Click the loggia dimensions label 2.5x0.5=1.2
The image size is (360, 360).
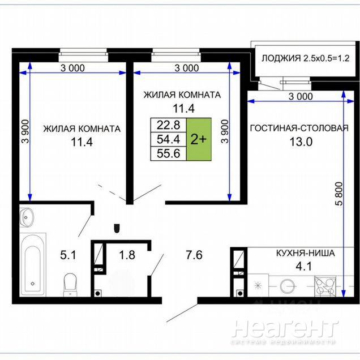[326, 58]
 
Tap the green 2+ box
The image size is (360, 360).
[199, 139]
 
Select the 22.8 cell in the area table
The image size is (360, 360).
[168, 125]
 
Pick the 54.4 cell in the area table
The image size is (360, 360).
[168, 139]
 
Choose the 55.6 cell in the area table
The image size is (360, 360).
[168, 153]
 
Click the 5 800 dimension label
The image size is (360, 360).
[339, 194]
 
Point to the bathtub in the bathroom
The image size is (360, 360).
[32, 264]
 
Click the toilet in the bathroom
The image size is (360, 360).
[70, 285]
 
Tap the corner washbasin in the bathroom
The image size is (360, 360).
[27, 217]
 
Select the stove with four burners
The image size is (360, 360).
[325, 286]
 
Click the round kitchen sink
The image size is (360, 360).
[288, 286]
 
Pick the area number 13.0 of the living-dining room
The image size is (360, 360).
[301, 142]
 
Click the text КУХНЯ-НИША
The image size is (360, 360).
[305, 253]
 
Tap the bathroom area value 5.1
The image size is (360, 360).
[68, 255]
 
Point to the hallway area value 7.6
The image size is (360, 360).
[194, 255]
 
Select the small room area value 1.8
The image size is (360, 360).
[127, 255]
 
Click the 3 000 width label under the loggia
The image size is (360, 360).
[301, 96]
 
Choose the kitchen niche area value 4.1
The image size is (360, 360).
[304, 267]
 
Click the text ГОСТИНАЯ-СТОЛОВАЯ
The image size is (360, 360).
[299, 128]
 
